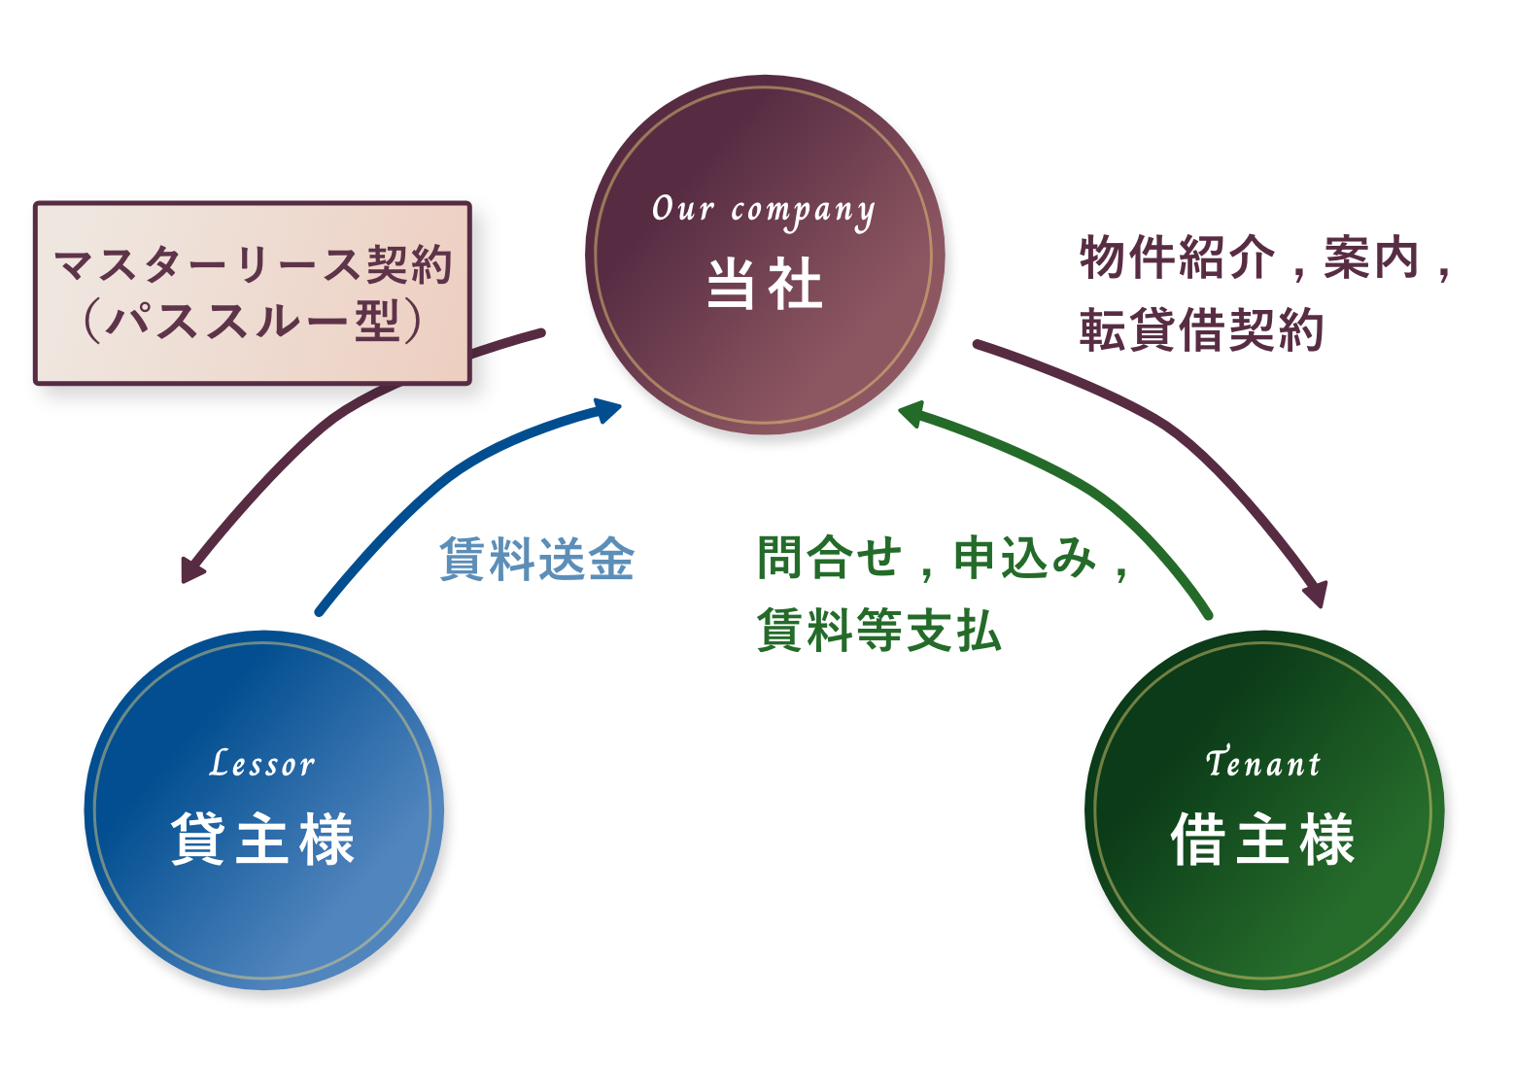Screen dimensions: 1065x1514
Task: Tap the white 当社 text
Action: [x=765, y=284]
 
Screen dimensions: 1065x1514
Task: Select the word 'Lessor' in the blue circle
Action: [x=262, y=765]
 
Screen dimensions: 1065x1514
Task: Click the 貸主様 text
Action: [x=262, y=838]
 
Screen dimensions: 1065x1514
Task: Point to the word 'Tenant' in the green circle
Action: [x=1263, y=764]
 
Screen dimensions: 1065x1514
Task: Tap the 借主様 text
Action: [x=1263, y=838]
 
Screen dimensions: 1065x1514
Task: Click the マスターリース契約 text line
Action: [x=253, y=264]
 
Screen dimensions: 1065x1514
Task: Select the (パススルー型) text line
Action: [x=253, y=321]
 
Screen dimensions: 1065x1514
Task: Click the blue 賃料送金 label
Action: [x=536, y=560]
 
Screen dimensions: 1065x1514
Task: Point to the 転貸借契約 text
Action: [x=1201, y=330]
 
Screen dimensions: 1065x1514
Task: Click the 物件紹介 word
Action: [x=1177, y=258]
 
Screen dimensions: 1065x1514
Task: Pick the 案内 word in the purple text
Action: [x=1371, y=258]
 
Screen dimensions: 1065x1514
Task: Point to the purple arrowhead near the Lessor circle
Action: [x=191, y=571]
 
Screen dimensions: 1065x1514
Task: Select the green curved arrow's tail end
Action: [x=1207, y=613]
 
